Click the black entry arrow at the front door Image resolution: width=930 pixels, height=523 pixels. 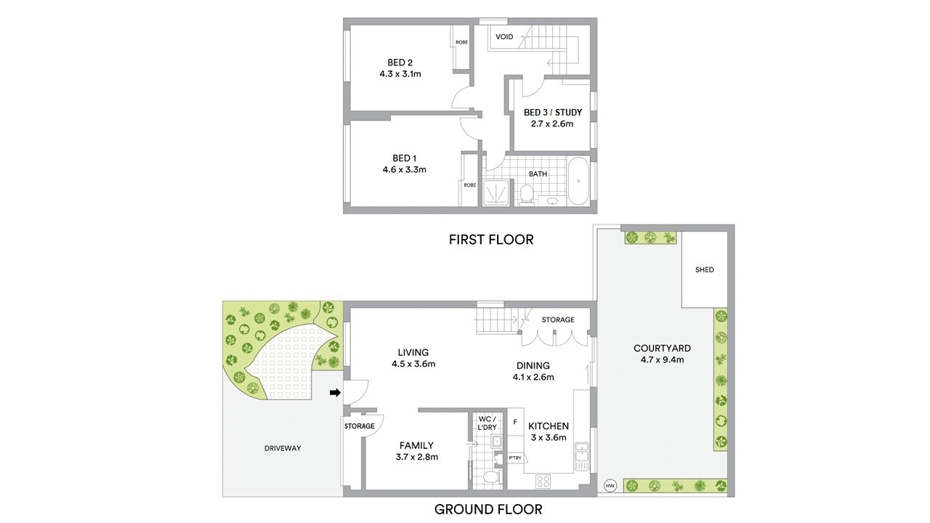tap(335, 393)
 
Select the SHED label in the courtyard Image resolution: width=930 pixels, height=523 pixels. tap(704, 269)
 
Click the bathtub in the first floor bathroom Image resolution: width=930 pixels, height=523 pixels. tap(578, 182)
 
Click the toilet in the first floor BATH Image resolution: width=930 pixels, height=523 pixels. tap(527, 195)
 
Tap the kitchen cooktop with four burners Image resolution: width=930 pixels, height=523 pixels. tap(544, 480)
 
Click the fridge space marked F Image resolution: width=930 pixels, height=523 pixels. tap(515, 421)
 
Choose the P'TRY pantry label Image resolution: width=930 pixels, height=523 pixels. tap(515, 458)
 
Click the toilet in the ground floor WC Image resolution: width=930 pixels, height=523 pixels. tap(492, 477)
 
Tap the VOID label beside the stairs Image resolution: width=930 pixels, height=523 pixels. tap(504, 37)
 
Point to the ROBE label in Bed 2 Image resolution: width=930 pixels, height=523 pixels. tap(461, 42)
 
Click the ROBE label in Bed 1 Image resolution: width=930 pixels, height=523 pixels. tap(470, 185)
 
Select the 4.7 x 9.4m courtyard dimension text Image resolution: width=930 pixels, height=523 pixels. tap(662, 360)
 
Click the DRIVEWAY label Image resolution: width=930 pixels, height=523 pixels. tap(283, 448)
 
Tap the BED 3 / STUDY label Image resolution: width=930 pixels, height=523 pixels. tap(552, 113)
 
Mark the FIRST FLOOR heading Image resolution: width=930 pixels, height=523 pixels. tap(490, 239)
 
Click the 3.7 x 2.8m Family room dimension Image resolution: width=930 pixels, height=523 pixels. tap(416, 457)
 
